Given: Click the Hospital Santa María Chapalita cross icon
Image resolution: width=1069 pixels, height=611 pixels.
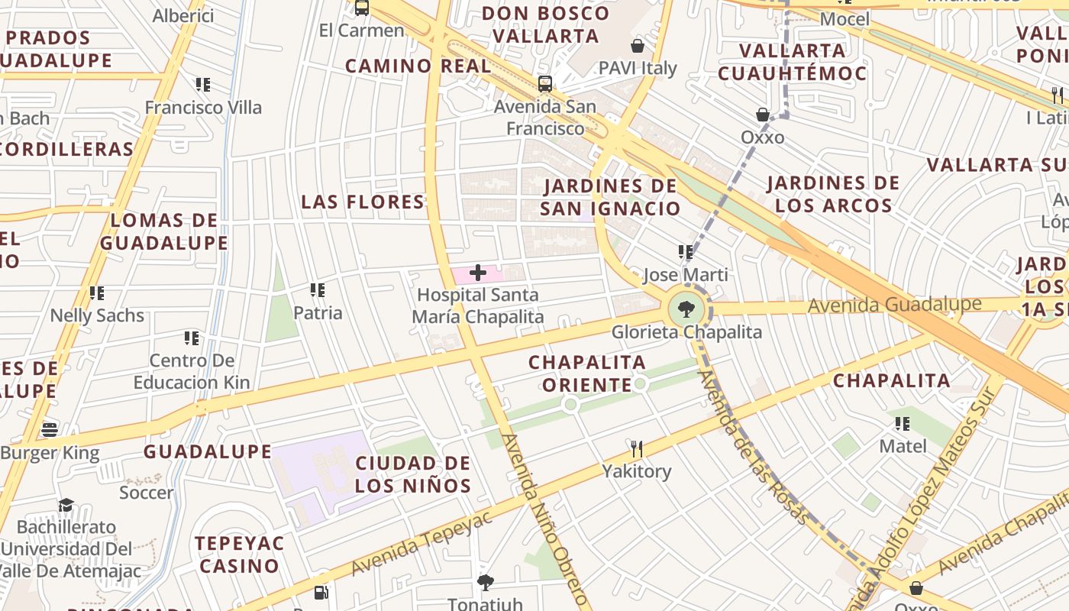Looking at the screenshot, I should click(x=478, y=273).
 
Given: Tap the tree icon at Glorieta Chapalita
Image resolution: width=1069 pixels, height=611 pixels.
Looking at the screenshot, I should click(x=686, y=309).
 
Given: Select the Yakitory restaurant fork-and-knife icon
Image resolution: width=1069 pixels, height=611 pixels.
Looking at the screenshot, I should click(x=636, y=448).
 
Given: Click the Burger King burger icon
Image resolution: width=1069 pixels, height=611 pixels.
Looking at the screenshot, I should click(x=50, y=430).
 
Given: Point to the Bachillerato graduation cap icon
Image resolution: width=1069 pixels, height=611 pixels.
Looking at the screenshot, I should click(x=66, y=505).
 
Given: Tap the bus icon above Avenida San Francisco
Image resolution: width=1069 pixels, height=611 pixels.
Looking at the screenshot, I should click(x=544, y=84).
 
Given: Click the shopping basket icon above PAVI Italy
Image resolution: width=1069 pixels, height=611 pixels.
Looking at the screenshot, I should click(x=638, y=46).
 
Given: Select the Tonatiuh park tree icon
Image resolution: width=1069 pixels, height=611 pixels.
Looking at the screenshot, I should click(x=485, y=583).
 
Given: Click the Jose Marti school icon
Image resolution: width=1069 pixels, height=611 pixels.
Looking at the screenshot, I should click(x=685, y=252).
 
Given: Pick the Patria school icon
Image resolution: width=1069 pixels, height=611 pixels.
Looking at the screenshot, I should click(x=318, y=290).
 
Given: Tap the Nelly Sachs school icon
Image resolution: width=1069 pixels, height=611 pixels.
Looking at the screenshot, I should click(x=97, y=293).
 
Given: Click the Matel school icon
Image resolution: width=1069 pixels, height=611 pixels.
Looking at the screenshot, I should click(x=903, y=423).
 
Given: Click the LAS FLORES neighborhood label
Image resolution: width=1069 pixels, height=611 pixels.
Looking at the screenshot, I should click(x=363, y=202).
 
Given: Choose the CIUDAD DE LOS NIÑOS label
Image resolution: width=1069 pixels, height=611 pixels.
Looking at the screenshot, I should click(x=413, y=474).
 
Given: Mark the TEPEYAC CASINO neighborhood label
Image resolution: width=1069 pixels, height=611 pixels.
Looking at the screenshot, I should click(x=239, y=554).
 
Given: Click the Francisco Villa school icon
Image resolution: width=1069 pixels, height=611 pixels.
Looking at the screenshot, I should click(x=202, y=84).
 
